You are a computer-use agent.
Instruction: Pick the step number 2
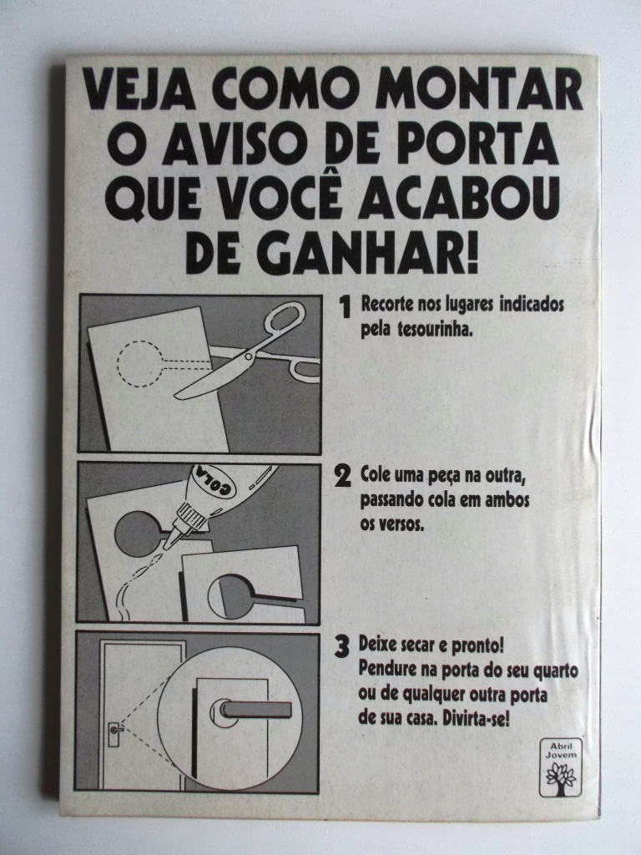tap(341, 477)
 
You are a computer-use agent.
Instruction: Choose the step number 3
tap(341, 647)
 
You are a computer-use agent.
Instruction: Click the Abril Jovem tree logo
tap(561, 768)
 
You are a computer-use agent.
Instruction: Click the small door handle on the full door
tap(115, 728)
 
